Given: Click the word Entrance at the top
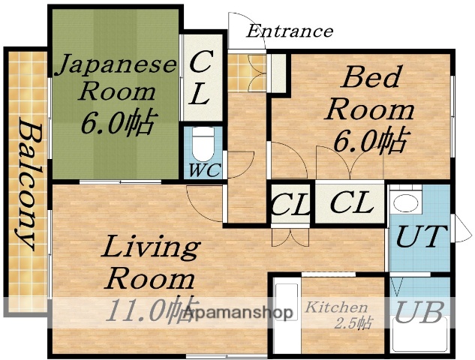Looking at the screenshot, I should (x=289, y=31).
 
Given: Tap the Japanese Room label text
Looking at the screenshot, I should (x=116, y=78).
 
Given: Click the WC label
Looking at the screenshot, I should (x=203, y=170).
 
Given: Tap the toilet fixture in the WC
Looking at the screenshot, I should (x=203, y=142).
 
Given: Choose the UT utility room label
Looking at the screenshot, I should (x=420, y=238).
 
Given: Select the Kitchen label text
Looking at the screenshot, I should (x=336, y=307).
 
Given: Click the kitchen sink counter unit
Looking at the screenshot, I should (x=284, y=313).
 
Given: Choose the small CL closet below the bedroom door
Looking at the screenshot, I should (x=290, y=204).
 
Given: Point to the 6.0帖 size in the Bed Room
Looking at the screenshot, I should (x=372, y=139).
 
